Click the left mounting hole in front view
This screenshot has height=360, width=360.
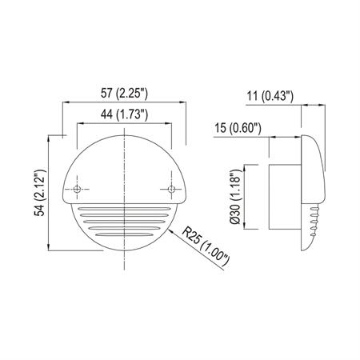(77, 190)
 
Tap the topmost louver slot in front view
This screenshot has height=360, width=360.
(125, 206)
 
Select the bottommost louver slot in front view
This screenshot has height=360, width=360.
(125, 238)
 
